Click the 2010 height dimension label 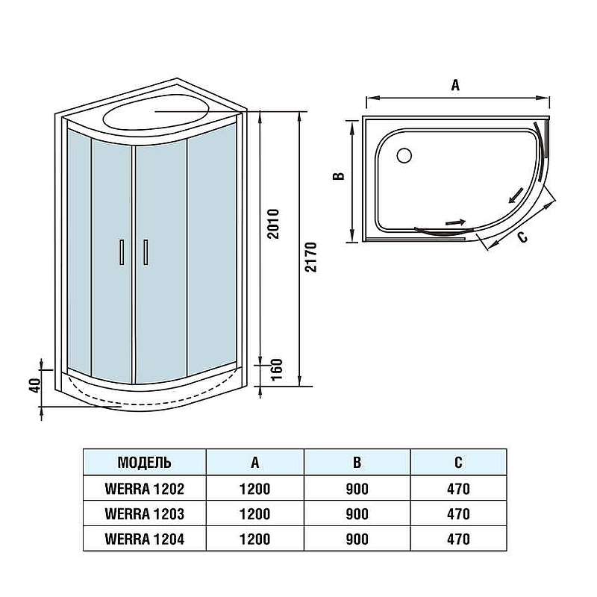pos(273,223)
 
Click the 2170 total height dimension pos(310,257)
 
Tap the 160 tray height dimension pos(276,369)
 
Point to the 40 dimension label pos(35,386)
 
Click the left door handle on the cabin pos(122,251)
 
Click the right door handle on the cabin pos(146,251)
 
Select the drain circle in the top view pos(404,155)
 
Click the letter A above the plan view pos(455,85)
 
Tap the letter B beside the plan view pos(339,176)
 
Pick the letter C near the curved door pos(523,237)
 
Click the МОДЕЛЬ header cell pos(144,462)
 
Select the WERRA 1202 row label pos(144,489)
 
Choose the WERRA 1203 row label pos(144,514)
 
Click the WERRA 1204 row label pos(144,539)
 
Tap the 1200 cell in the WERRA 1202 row pos(254,489)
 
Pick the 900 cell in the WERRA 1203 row pos(357,514)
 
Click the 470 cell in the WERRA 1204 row pos(458,539)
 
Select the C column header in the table pos(458,462)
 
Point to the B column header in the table pos(357,462)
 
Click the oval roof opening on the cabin pos(156,112)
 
